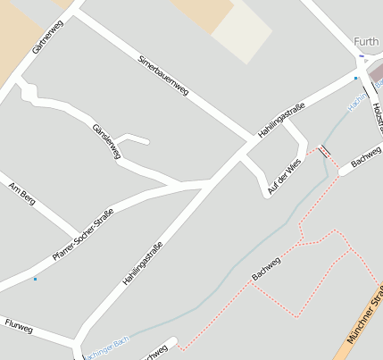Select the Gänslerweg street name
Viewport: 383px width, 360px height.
tap(106, 142)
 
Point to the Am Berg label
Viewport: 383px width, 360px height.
tap(21, 193)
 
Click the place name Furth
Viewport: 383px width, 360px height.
tap(366, 40)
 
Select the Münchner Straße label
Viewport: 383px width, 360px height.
tap(364, 322)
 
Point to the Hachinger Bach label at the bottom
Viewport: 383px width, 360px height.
tap(109, 347)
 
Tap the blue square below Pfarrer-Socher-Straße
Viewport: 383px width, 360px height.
tap(35, 280)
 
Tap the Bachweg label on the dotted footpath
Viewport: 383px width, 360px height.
tap(266, 268)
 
